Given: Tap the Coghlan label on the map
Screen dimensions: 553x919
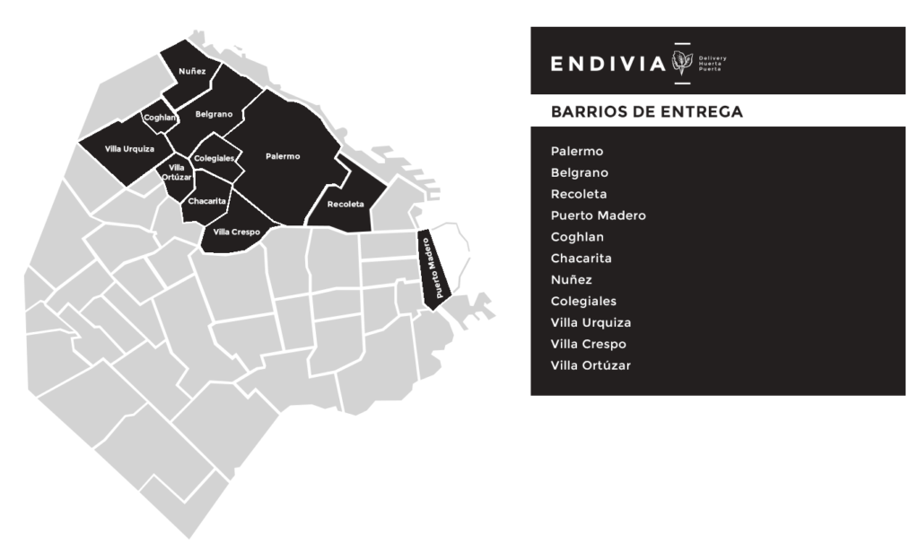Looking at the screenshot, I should [158, 118].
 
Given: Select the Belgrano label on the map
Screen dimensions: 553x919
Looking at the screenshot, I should [214, 114].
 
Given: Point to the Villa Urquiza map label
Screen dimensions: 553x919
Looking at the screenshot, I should [129, 148].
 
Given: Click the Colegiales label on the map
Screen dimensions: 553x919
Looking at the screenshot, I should [214, 159].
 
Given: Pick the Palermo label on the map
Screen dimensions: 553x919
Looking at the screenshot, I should [283, 156].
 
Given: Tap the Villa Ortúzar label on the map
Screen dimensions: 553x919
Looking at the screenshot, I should [177, 172].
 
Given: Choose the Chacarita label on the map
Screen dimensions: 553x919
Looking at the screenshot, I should [207, 201].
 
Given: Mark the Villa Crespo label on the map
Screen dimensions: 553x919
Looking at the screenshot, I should [236, 232].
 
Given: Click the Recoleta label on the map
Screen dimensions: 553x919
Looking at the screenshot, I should [346, 205].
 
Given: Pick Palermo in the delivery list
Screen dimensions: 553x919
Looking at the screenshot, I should [577, 151].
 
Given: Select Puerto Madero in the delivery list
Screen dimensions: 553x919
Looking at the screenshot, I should [598, 215].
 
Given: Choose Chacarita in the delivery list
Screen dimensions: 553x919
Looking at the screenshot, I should [582, 259].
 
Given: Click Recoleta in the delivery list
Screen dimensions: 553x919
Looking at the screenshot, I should [579, 194].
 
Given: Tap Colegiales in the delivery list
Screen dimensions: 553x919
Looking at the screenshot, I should [583, 302].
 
